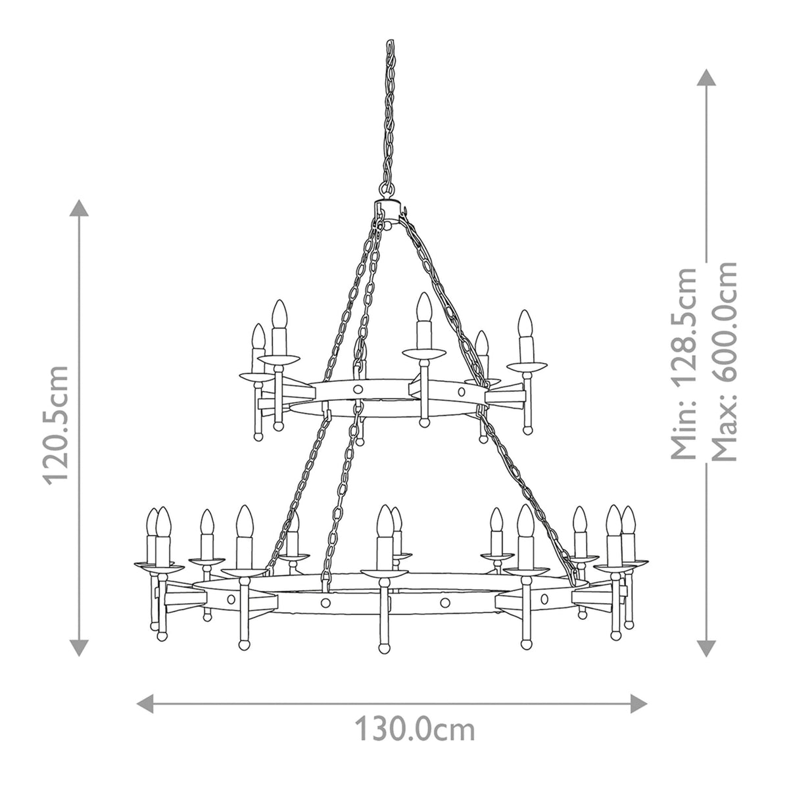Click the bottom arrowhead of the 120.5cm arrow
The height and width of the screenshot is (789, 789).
click(80, 647)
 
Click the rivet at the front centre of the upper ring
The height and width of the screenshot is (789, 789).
click(358, 390)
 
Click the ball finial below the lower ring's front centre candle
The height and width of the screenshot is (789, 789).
click(385, 646)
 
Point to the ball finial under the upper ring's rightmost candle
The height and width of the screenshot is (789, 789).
click(526, 429)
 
